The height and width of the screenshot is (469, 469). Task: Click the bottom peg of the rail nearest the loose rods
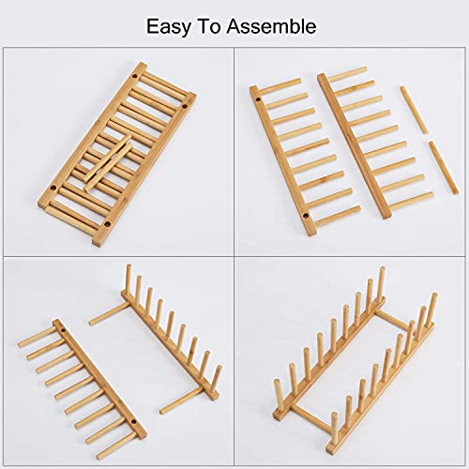coord(414,198)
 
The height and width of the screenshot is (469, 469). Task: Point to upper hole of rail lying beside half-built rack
coord(64,333)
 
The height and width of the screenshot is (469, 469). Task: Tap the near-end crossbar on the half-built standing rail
coord(183,401)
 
